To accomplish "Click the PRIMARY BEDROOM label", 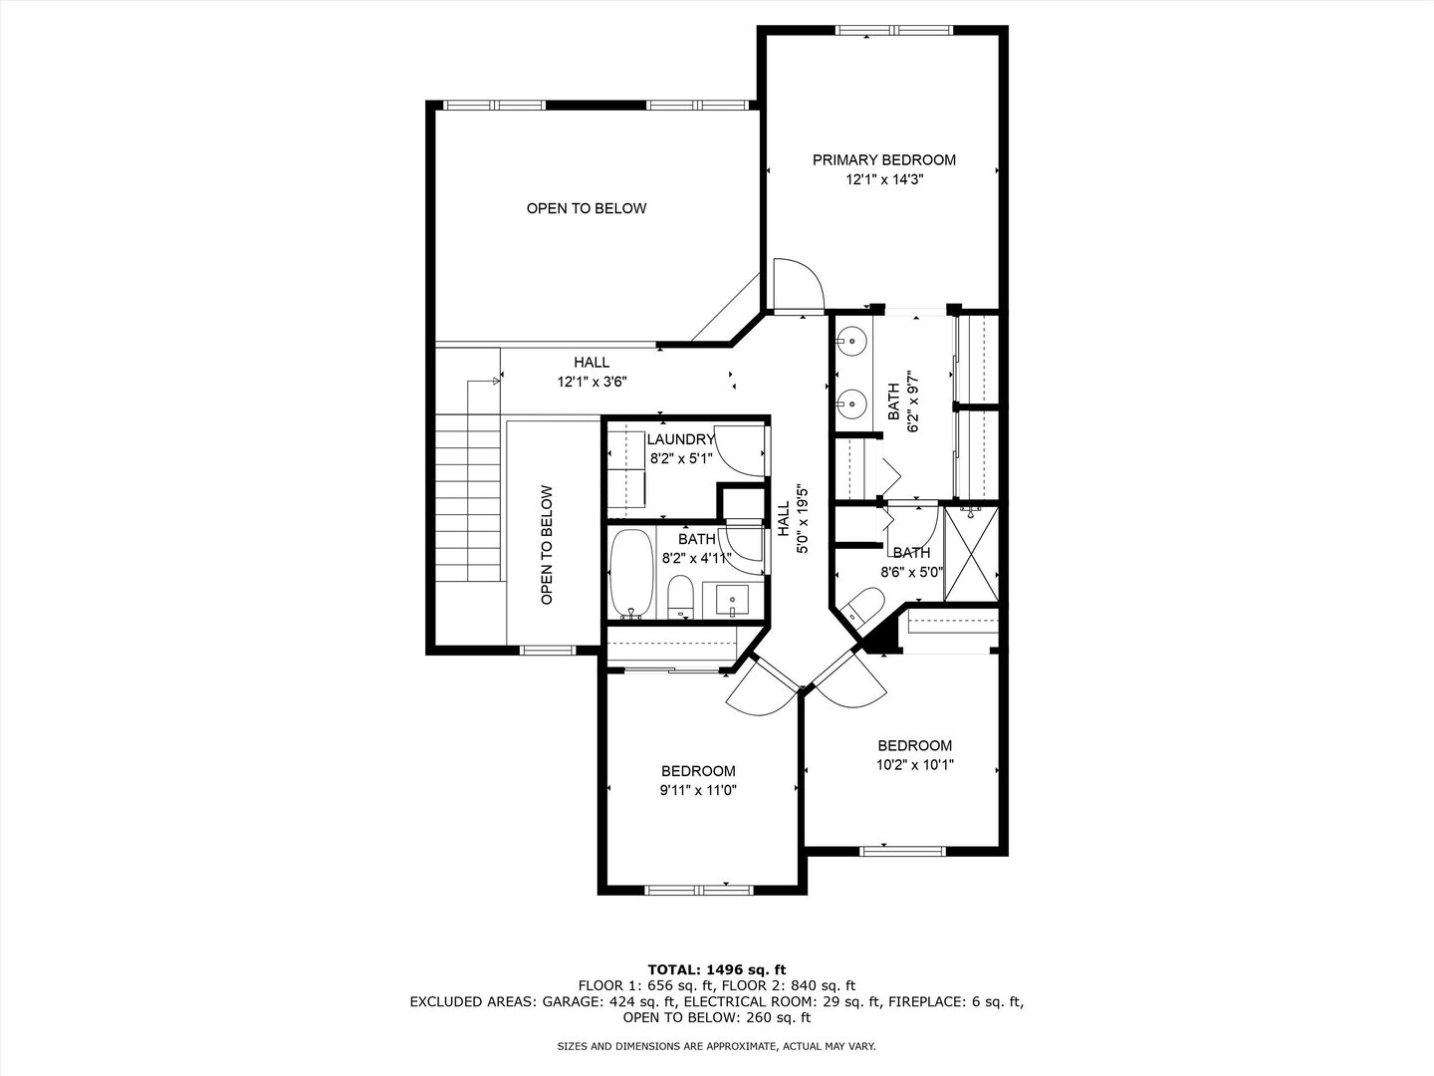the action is coord(884,160).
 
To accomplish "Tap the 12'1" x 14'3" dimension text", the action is coord(884,179).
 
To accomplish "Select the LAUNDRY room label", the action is coord(681,439).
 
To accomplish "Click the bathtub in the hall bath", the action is coord(631,574).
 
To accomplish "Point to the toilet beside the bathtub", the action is coord(681,596).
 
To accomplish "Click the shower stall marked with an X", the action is coord(972,553).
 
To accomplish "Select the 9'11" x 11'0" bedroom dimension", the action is coord(698,790).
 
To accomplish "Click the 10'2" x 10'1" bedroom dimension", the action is coord(914,764).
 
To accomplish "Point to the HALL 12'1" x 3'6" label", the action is coord(592,372).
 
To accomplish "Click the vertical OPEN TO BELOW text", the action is coord(547,545).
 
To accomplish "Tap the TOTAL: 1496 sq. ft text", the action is coord(717,969).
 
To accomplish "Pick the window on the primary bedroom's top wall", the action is coord(894,30).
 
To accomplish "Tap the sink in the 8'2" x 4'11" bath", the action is coord(732,601).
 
